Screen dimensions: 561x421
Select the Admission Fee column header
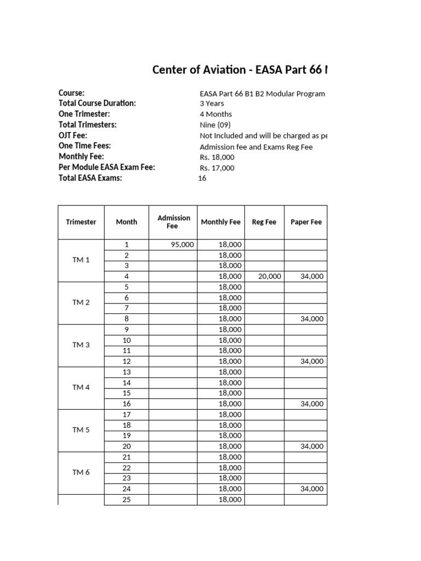click(174, 222)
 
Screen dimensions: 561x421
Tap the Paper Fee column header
click(305, 222)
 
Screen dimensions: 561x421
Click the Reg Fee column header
click(264, 222)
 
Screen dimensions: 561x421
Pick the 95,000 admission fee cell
click(182, 245)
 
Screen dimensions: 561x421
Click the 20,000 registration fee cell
click(269, 277)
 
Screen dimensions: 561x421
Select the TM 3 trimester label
click(81, 345)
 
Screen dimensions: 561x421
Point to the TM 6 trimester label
click(81, 472)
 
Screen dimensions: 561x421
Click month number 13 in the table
click(127, 372)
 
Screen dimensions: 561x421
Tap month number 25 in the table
click(127, 500)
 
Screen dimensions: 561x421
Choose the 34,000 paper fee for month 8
click(312, 319)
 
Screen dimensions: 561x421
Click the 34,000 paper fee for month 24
click(312, 489)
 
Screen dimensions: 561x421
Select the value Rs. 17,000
click(217, 168)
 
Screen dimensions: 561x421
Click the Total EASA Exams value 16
click(202, 178)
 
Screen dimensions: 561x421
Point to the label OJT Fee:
click(73, 135)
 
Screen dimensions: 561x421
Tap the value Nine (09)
click(215, 125)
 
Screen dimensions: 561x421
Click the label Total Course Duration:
click(97, 104)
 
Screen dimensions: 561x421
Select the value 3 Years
click(212, 104)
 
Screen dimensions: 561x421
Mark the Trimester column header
click(81, 222)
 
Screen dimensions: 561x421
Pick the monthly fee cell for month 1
click(230, 245)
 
